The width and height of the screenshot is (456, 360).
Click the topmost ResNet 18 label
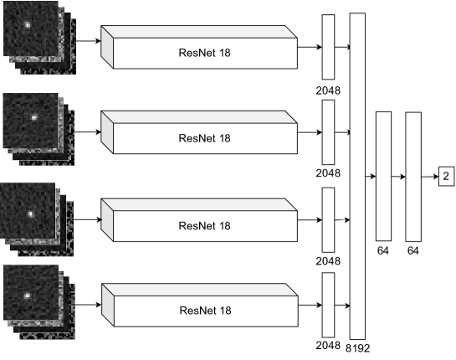(x=204, y=53)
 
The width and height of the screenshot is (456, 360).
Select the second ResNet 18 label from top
(x=204, y=138)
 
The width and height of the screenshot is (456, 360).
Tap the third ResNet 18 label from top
(x=204, y=226)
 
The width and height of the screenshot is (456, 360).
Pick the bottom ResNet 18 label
(x=205, y=311)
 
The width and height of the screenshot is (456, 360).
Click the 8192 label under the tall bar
(x=358, y=348)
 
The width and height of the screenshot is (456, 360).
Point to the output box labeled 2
(x=446, y=176)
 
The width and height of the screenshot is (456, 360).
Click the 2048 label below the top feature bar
(x=328, y=90)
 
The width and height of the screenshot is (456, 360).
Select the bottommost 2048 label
(x=328, y=346)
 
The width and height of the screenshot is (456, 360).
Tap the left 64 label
(x=382, y=250)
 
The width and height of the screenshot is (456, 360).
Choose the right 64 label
(x=413, y=250)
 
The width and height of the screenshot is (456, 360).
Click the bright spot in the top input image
(x=28, y=25)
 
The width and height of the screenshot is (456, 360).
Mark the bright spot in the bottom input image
(x=27, y=296)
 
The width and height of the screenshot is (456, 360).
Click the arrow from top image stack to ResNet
(x=89, y=41)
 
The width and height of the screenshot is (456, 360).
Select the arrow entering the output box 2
(x=430, y=177)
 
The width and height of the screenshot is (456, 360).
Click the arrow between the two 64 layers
(x=398, y=177)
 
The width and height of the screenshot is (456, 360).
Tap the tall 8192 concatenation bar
(x=357, y=176)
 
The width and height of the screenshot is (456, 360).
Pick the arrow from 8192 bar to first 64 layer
(x=371, y=177)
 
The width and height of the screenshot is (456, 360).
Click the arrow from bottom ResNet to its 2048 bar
(x=310, y=305)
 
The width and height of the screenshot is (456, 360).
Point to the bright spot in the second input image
(x=34, y=117)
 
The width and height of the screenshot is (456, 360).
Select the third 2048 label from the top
(x=328, y=261)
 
